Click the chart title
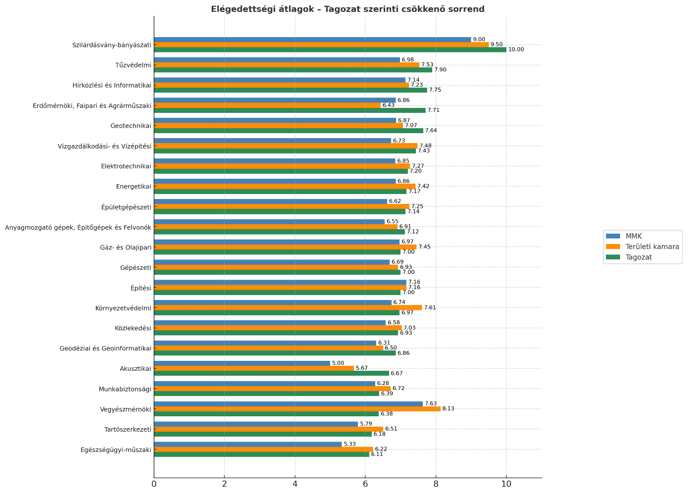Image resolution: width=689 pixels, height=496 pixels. (347, 9)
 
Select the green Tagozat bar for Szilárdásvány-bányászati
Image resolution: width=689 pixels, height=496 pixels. (330, 50)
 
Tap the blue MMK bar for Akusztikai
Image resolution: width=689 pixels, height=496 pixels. (242, 363)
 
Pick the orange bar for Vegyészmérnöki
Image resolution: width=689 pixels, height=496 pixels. (297, 409)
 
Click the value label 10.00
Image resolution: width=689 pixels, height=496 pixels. (516, 50)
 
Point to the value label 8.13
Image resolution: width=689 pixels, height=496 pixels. (448, 409)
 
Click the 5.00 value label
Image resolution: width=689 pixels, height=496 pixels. (338, 363)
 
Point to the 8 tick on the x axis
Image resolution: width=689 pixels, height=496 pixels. (436, 484)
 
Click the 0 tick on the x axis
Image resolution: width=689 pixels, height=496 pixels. (154, 484)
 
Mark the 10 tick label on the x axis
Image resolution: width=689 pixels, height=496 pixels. (506, 484)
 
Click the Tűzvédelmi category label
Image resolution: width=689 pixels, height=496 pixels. (133, 65)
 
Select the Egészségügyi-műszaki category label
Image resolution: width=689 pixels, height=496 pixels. (116, 450)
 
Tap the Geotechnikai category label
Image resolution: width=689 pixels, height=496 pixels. (131, 126)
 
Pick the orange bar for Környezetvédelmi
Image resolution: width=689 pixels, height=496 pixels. (288, 307)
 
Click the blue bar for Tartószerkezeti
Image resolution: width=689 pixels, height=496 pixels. (256, 424)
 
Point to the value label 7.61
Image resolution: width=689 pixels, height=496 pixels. (430, 308)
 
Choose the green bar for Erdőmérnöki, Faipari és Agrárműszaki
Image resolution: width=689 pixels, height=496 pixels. (289, 110)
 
